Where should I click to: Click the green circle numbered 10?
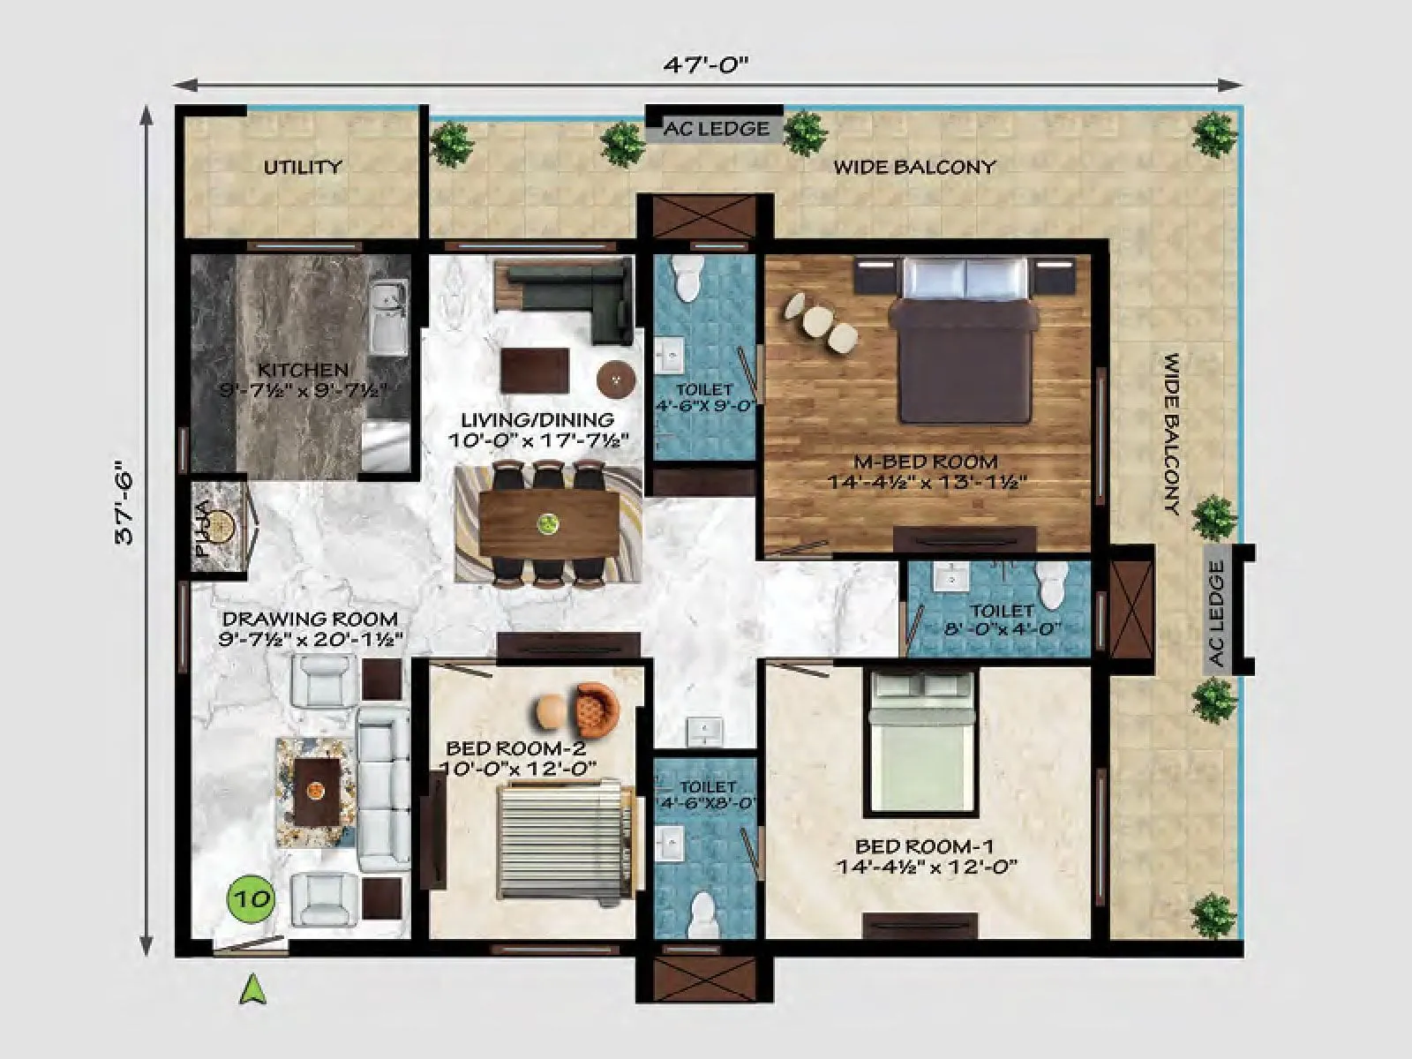(252, 899)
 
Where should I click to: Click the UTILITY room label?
(303, 167)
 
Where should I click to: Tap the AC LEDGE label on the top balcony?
(716, 129)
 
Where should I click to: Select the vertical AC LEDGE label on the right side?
(1218, 614)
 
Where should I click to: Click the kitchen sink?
(387, 314)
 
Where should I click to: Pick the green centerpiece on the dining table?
(549, 522)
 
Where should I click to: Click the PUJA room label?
(204, 529)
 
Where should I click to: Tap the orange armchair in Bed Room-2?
(599, 709)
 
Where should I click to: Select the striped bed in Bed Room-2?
(563, 844)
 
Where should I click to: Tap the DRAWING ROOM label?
(310, 620)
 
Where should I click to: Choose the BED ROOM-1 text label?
(926, 845)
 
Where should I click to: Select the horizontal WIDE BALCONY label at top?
(915, 167)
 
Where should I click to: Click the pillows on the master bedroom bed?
(965, 278)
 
